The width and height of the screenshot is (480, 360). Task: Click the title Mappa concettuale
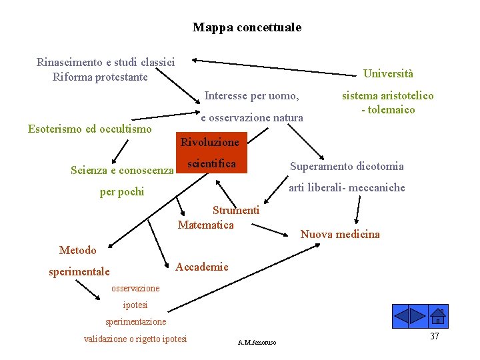coord(247,27)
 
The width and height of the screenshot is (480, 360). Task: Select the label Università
coord(388,74)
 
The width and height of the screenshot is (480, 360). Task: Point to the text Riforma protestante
coord(100,77)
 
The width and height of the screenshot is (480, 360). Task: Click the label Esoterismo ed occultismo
coord(90,129)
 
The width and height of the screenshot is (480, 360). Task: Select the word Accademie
coord(202,267)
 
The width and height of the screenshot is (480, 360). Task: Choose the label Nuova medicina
coord(340,234)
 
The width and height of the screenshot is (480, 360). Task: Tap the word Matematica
coord(206,225)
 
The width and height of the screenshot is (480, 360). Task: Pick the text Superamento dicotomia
coord(346,166)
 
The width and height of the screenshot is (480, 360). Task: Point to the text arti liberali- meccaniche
coord(347,187)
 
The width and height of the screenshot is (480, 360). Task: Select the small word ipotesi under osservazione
coord(135,305)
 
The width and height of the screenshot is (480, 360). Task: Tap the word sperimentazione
coord(136,322)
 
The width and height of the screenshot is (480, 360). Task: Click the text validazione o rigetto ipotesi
coord(135,339)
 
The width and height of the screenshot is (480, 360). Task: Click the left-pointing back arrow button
coord(401,315)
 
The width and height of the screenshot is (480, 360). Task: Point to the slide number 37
coord(434,336)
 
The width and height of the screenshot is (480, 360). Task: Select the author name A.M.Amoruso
coord(257,343)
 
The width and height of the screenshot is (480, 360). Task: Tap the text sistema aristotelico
coord(388,96)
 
